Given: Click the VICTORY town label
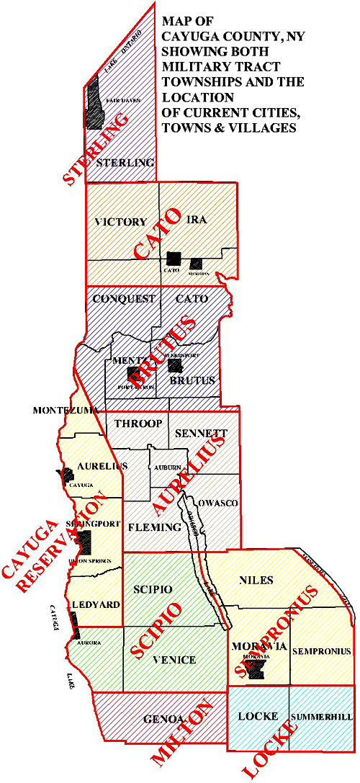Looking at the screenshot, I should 121,222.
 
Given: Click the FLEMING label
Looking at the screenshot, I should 153,527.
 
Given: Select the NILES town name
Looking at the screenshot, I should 257,578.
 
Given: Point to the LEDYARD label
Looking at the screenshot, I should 95,604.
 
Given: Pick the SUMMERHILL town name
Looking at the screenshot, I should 321,718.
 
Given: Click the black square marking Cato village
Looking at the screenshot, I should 173,258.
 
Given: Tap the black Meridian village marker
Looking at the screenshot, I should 195,264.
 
